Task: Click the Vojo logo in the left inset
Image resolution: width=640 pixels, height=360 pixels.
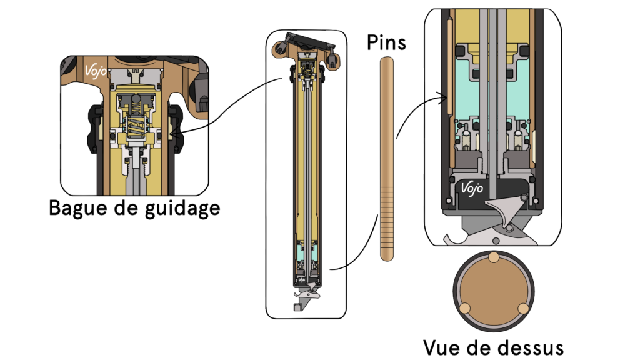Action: pyautogui.click(x=93, y=68)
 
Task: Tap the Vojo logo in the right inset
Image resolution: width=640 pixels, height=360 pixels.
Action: pyautogui.click(x=472, y=187)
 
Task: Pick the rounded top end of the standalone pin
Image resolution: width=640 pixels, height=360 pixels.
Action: pyautogui.click(x=387, y=60)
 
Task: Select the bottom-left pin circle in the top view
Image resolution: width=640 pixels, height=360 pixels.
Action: pyautogui.click(x=464, y=307)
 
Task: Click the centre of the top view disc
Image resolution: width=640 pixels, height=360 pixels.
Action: pyautogui.click(x=493, y=291)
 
